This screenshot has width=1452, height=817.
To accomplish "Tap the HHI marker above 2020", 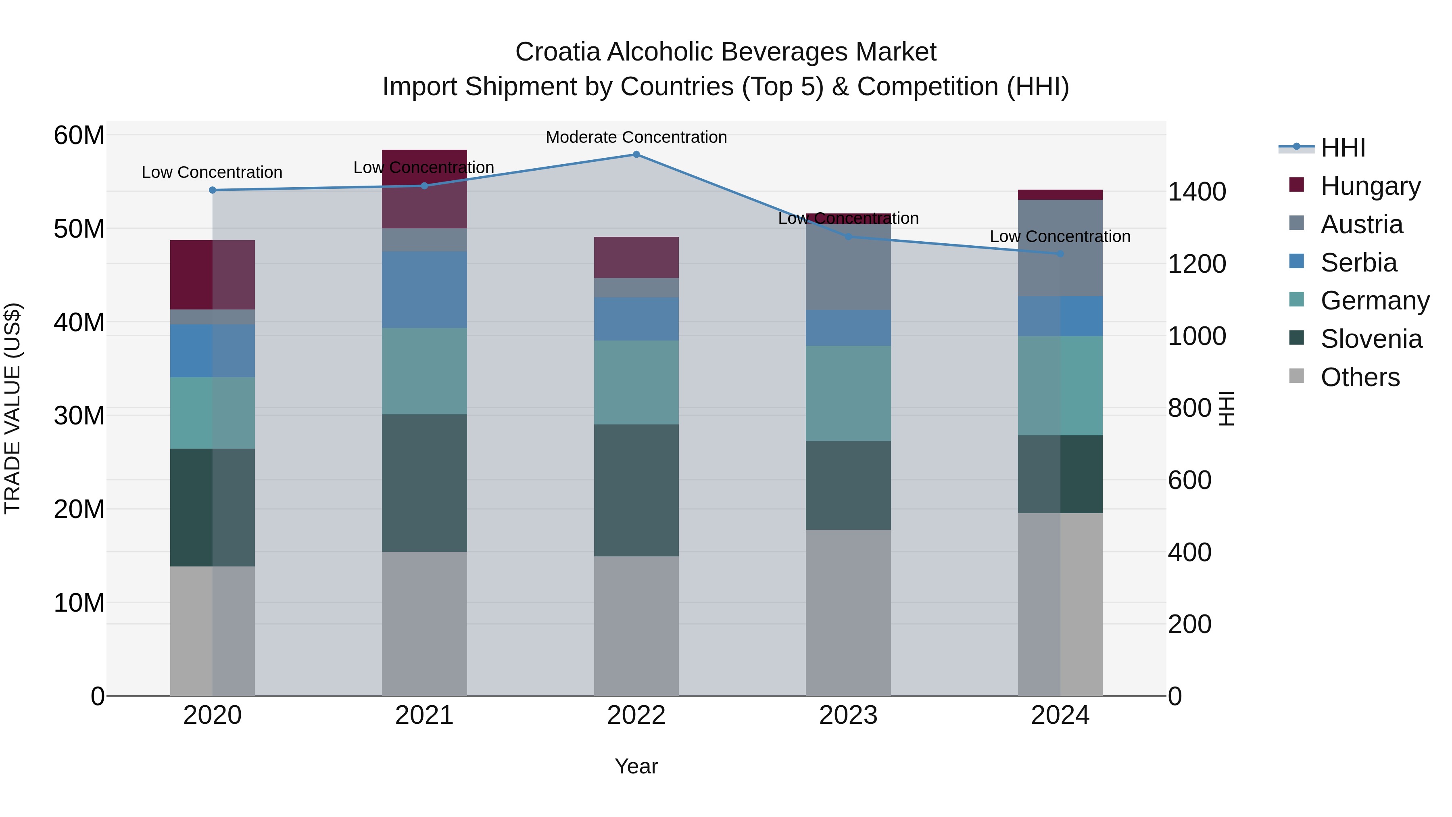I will [x=213, y=190].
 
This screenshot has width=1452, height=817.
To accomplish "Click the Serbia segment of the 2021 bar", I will [x=424, y=289].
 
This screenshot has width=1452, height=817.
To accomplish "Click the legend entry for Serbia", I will [x=1358, y=263].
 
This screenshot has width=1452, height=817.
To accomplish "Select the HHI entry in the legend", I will [x=1342, y=148].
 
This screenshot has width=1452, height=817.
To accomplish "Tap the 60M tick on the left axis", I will [x=79, y=135].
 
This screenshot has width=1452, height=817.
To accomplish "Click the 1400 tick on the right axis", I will [x=1196, y=192].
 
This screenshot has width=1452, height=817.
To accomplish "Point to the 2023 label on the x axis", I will [x=848, y=715].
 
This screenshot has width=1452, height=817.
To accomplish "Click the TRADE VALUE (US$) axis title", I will [x=13, y=408].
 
